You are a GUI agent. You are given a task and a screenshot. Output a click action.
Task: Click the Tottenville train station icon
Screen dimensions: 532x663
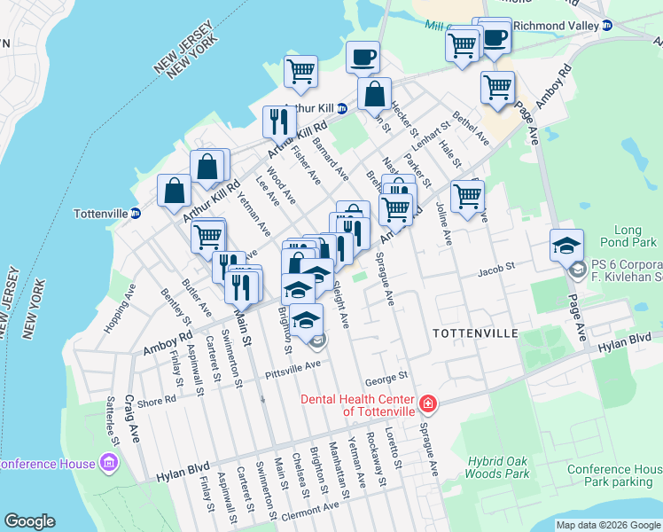[x=136, y=214]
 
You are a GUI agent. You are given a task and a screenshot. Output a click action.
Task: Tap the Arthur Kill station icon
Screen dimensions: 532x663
[x=342, y=108]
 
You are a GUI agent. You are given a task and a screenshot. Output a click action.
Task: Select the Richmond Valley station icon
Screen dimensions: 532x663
[x=607, y=26]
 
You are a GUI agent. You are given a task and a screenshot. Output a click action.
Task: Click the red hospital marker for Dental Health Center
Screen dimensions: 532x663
[x=427, y=405]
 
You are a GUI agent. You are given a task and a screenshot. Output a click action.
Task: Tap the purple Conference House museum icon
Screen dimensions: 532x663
[x=109, y=463]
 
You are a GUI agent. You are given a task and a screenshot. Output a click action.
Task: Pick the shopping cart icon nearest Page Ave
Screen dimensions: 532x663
[x=497, y=88]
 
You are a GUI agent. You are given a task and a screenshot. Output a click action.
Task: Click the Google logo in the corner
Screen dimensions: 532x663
[x=29, y=521]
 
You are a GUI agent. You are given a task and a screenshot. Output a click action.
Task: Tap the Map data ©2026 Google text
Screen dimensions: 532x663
[x=608, y=525]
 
